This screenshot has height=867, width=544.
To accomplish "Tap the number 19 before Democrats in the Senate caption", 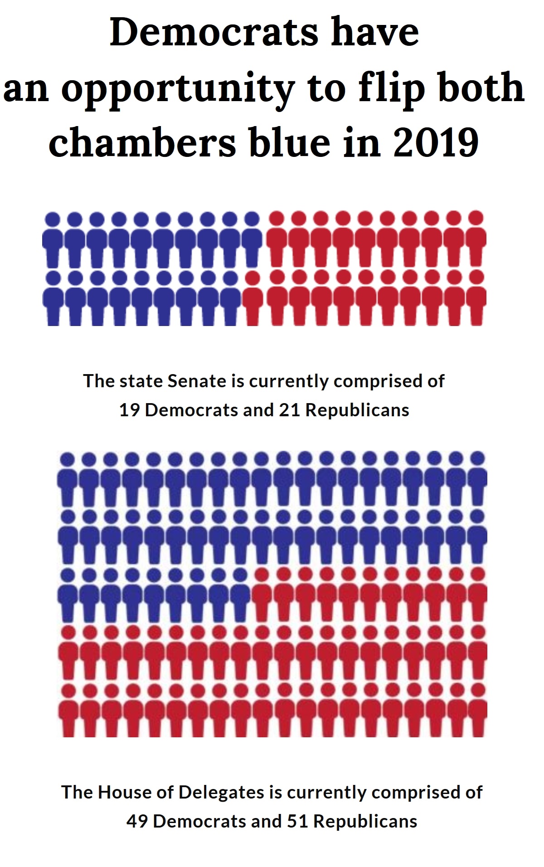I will (x=129, y=410).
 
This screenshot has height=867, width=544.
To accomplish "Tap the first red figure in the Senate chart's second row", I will (x=253, y=299).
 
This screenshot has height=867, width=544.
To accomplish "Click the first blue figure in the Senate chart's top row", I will (x=53, y=240).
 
